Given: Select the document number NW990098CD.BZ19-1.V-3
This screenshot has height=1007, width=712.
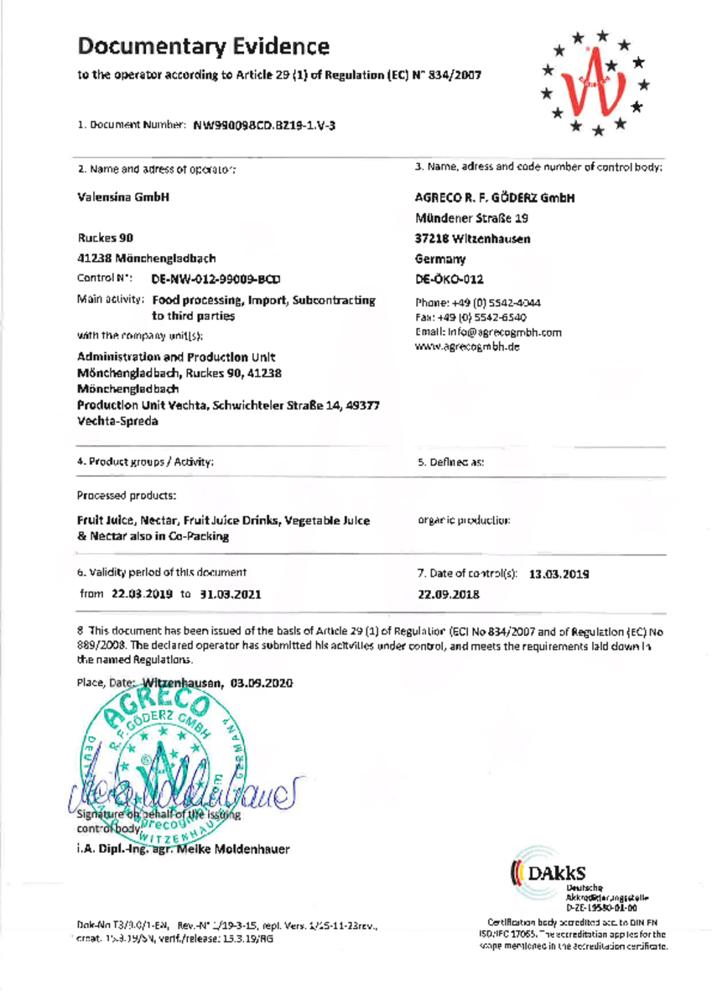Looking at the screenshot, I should tap(265, 126).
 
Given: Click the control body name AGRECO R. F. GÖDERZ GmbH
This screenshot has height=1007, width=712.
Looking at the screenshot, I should tap(496, 199).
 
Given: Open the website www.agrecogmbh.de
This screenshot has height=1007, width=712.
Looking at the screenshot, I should tap(468, 347).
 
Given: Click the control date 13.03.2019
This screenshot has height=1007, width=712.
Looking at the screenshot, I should tap(559, 575).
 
